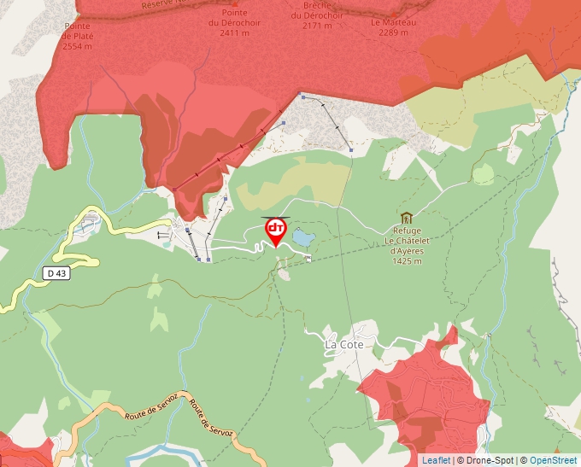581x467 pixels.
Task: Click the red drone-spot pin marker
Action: tap(275, 231)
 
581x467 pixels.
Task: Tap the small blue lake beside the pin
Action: tap(302, 236)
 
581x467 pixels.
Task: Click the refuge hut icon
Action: tap(406, 218)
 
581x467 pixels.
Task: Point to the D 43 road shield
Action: tap(56, 273)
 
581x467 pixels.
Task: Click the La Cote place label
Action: tap(344, 345)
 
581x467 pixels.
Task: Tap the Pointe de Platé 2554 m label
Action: tap(77, 36)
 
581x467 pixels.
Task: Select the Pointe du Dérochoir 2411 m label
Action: tap(234, 23)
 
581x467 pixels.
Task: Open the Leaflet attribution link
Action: tap(436, 460)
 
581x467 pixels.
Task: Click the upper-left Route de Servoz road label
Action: tap(151, 405)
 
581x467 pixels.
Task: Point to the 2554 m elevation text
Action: tap(77, 45)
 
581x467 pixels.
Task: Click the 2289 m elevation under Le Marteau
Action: tap(394, 32)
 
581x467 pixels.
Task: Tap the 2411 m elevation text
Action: tap(234, 32)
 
